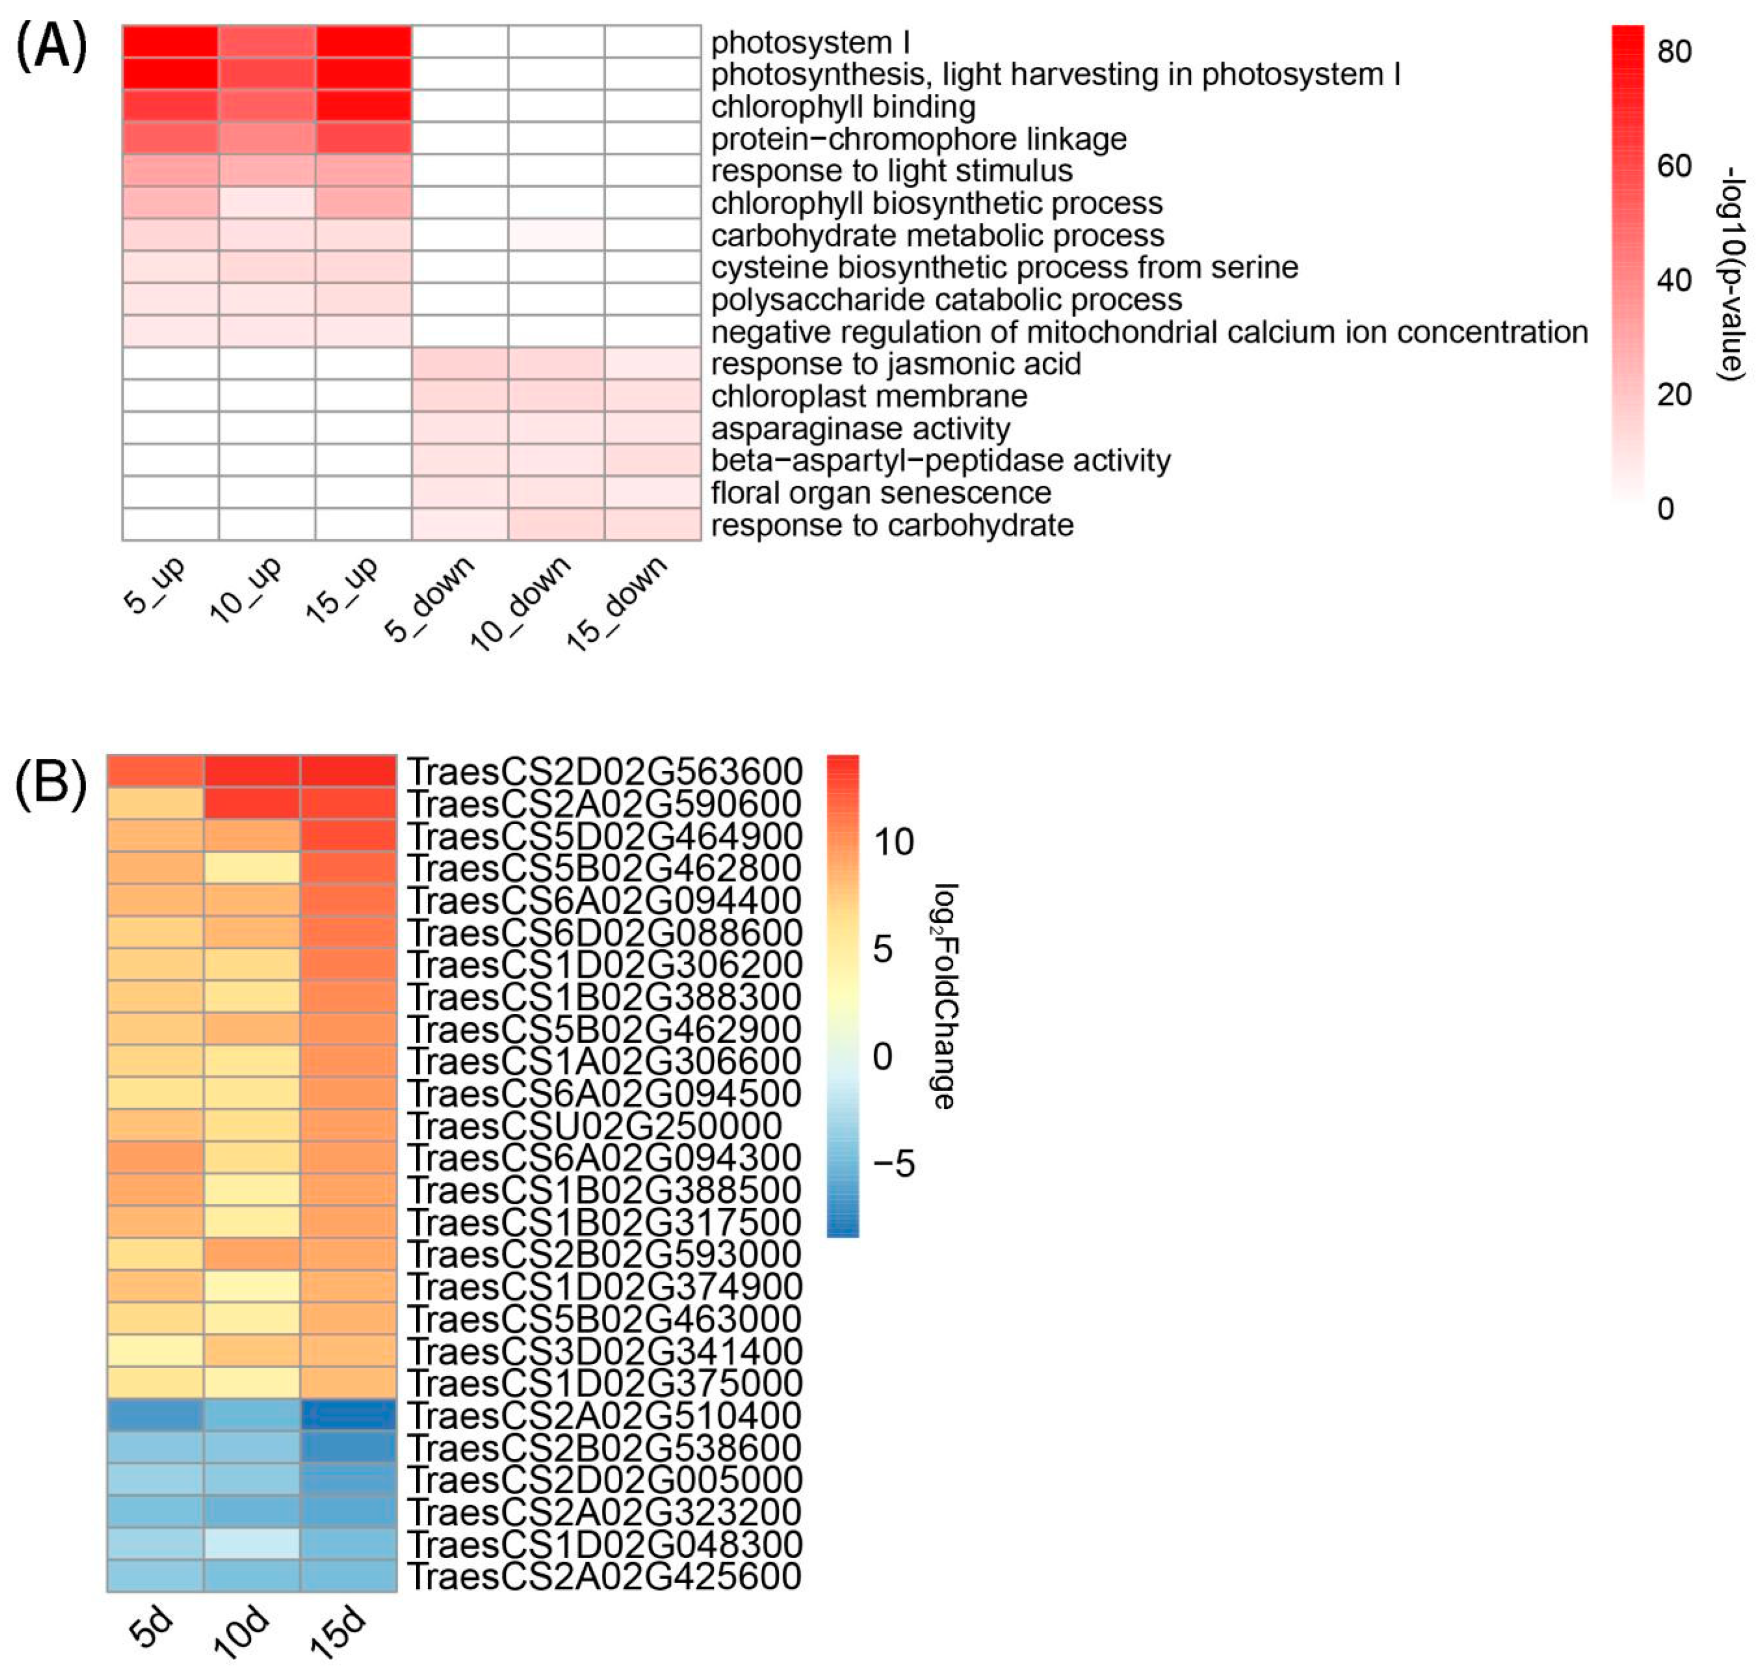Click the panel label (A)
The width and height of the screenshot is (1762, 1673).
click(x=52, y=46)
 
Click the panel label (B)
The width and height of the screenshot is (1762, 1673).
click(x=52, y=783)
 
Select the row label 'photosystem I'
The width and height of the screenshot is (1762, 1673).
click(x=809, y=42)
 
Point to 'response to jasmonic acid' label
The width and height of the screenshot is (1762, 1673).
click(x=895, y=364)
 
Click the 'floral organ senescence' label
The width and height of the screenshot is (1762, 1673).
click(x=880, y=492)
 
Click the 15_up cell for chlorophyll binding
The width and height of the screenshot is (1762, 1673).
click(x=363, y=106)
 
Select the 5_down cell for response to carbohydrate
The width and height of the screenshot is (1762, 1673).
click(x=459, y=525)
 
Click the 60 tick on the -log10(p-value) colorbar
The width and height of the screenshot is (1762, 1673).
click(x=1673, y=166)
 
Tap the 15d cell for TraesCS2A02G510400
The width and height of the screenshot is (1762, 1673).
click(x=348, y=1414)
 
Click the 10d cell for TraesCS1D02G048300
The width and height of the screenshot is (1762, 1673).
click(x=251, y=1543)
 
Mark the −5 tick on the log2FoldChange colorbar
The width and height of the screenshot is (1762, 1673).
click(x=893, y=1164)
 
